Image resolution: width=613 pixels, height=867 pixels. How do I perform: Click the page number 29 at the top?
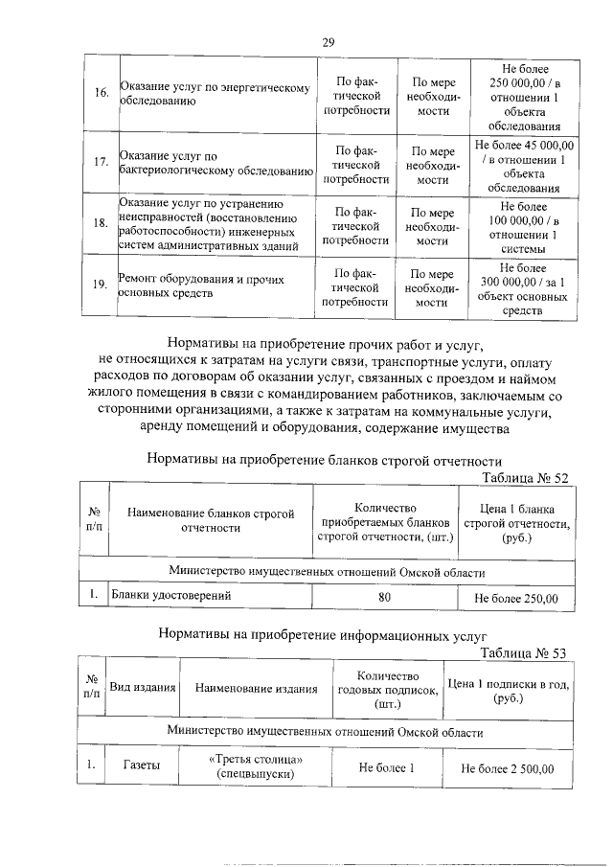click(328, 41)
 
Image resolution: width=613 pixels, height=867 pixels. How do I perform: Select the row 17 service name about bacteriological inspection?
click(216, 164)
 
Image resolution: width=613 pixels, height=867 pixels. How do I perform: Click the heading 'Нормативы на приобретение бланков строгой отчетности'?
click(324, 459)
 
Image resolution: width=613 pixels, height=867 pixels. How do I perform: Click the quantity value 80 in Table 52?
click(384, 598)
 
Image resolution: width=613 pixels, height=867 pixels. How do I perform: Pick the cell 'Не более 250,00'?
click(516, 599)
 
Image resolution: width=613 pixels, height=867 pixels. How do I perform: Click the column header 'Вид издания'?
click(143, 688)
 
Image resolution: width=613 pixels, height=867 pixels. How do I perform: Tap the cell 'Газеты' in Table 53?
click(143, 765)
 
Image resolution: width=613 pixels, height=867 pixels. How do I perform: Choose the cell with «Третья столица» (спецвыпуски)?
click(254, 765)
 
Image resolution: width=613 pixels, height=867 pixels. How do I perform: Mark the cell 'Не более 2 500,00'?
click(508, 767)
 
